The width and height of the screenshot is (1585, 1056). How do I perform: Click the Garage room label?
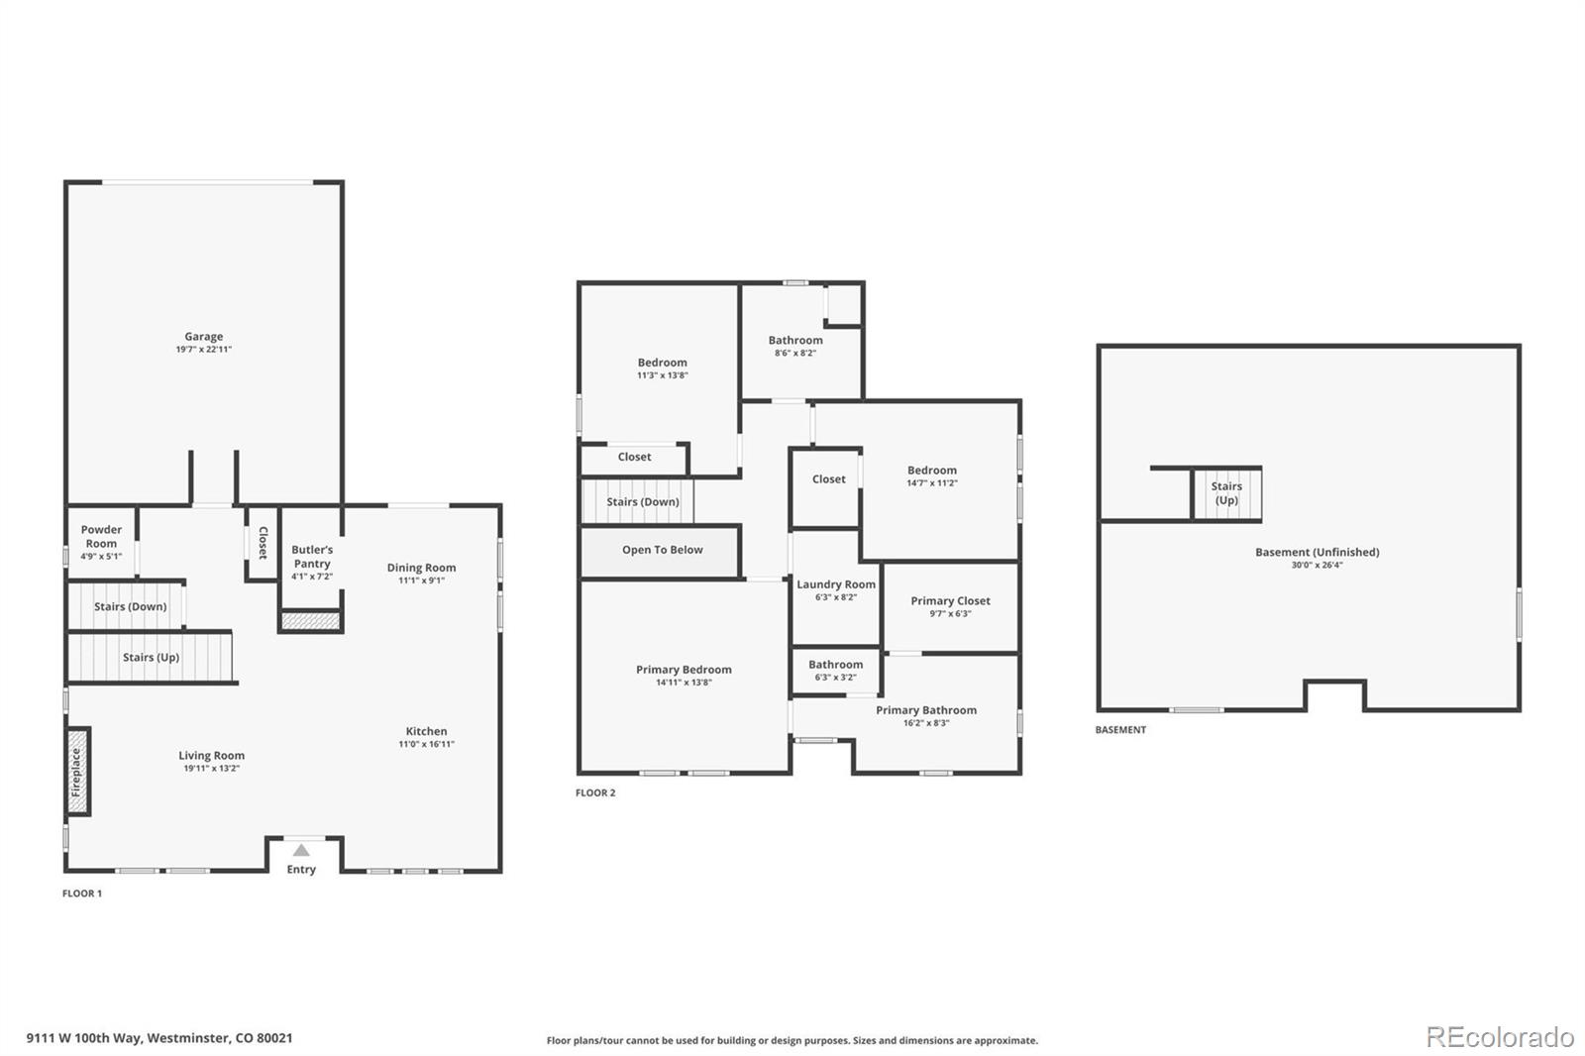(203, 337)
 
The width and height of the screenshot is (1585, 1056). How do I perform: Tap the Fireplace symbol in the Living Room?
(77, 772)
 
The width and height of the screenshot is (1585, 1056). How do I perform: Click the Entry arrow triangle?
(301, 851)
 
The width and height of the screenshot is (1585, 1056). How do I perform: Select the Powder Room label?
(101, 536)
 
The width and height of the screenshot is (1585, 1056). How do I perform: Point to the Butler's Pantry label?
(312, 556)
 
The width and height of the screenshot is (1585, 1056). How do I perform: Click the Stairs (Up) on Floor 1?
(151, 658)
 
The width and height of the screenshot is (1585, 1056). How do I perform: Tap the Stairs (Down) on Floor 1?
(130, 606)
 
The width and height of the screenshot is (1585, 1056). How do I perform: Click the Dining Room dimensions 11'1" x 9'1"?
(421, 581)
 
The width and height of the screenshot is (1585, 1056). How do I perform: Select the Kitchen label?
(426, 731)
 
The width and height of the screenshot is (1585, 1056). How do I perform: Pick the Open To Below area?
(662, 551)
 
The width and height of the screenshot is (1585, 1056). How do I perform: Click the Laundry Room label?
(836, 584)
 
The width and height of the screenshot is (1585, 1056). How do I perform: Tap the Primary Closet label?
(950, 600)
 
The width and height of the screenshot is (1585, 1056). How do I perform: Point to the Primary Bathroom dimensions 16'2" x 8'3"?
(926, 723)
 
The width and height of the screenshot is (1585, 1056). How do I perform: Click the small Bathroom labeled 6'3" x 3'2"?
(835, 671)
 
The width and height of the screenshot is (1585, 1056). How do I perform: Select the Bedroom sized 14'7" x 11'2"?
(931, 476)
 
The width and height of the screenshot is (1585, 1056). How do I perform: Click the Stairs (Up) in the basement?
(1226, 493)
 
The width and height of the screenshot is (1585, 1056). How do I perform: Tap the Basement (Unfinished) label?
(1317, 552)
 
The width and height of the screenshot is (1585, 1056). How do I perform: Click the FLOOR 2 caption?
(595, 792)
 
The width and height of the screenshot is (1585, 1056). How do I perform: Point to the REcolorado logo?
(1500, 1037)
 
